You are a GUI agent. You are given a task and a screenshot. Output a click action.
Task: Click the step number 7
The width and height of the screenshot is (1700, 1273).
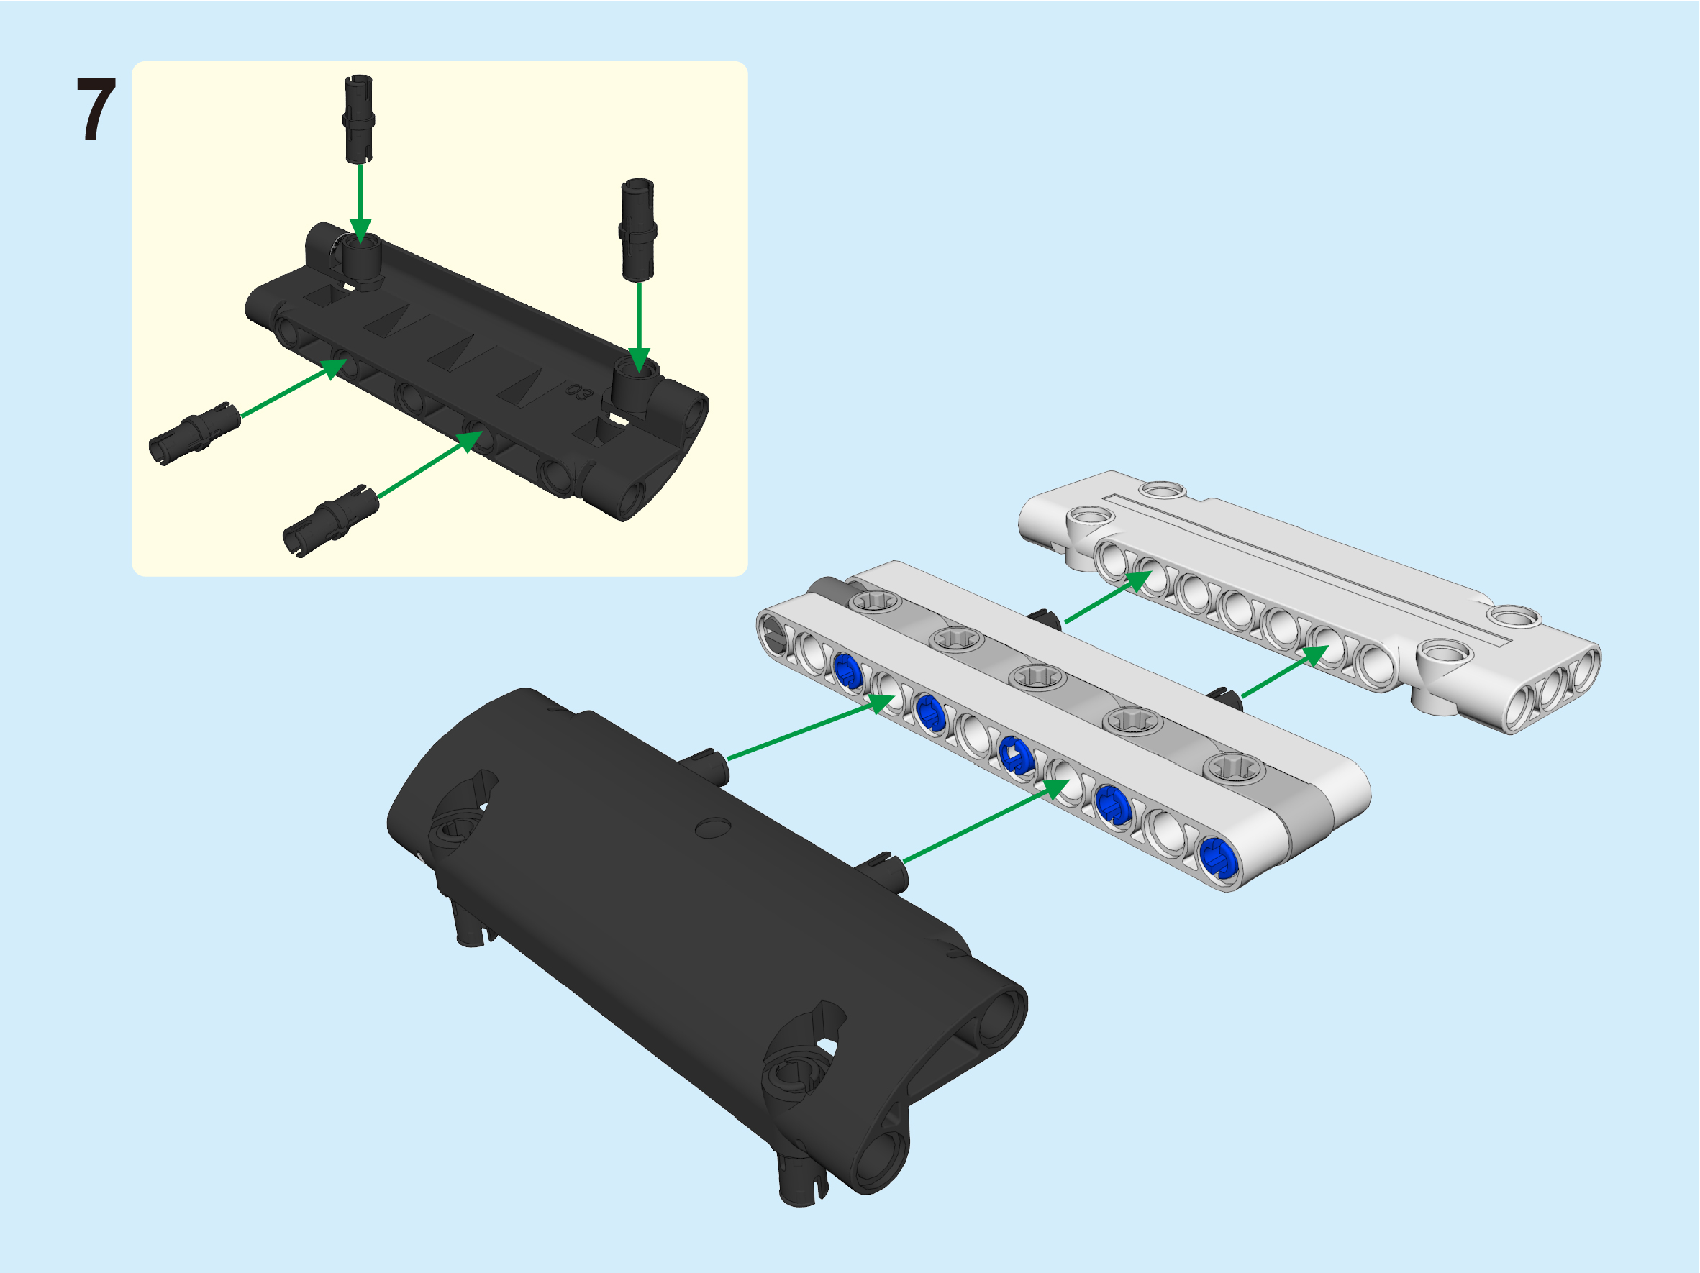coord(97,109)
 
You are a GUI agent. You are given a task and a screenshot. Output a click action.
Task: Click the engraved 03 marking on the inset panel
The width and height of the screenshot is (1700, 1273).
coord(578,392)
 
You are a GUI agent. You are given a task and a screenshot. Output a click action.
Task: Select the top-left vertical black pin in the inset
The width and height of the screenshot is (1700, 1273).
coord(358,119)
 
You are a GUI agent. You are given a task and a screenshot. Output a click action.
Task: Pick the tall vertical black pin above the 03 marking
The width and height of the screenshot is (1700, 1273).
coord(637,229)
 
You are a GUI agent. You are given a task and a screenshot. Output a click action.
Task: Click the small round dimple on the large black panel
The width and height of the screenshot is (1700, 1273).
coord(712,827)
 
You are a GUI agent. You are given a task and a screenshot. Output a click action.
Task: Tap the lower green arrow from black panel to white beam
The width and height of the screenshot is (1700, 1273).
coord(986,821)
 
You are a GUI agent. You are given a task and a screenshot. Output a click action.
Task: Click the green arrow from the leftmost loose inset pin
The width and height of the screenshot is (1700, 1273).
coord(294,388)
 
